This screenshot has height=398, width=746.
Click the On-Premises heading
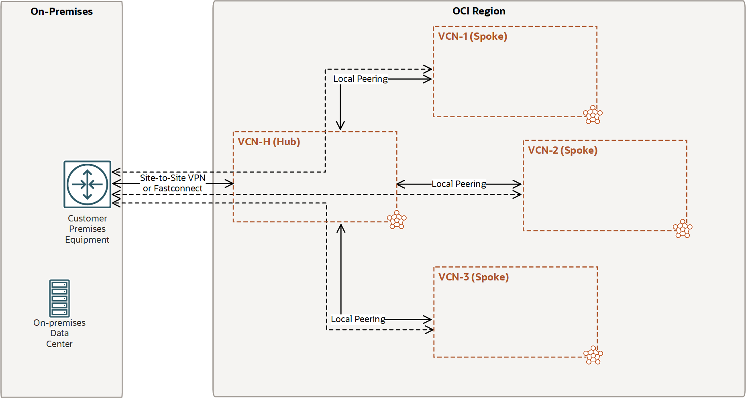tap(61, 12)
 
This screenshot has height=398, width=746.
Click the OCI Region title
tap(479, 11)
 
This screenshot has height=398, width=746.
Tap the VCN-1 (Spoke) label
tap(473, 37)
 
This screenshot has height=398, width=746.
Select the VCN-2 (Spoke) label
tap(563, 150)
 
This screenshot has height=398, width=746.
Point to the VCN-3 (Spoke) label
tap(473, 277)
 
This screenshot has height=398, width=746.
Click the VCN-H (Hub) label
tap(269, 142)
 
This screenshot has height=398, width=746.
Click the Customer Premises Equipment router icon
tap(87, 185)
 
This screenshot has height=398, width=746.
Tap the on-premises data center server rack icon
tap(59, 298)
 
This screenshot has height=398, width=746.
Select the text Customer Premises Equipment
tap(87, 229)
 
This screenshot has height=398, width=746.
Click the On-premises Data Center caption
tap(59, 333)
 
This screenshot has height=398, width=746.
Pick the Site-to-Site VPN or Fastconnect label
tap(173, 183)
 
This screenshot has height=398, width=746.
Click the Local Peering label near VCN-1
tap(360, 79)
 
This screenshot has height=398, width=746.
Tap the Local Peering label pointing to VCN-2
tap(459, 184)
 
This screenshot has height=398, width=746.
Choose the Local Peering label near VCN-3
tap(358, 319)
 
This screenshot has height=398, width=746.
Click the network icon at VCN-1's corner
tap(593, 115)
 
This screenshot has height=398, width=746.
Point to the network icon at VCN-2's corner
tap(683, 229)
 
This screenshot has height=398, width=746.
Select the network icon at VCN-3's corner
tap(593, 355)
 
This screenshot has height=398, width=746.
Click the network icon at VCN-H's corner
tap(397, 220)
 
